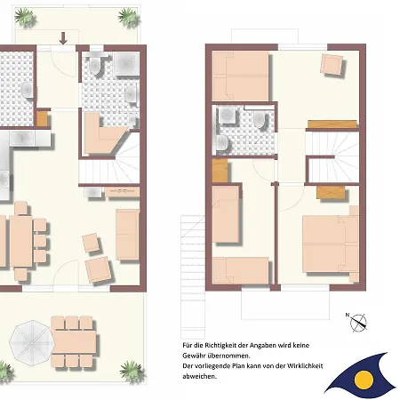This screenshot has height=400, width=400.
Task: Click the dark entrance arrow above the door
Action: [63, 38]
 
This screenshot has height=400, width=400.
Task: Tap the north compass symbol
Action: [358, 323]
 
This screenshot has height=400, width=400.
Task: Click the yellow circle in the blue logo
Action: [364, 380]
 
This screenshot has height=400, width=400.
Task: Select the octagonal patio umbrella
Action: [32, 343]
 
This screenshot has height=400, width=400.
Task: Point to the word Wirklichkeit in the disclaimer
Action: [305, 366]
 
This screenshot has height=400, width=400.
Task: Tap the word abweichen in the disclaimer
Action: [198, 376]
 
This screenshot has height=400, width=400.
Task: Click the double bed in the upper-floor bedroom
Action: [331, 244]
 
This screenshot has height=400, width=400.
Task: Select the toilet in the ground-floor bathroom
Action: [96, 65]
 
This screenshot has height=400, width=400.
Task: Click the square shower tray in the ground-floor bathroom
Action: [126, 64]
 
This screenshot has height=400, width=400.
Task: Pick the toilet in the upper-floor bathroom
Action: [260, 120]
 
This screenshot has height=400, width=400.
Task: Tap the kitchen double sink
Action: [23, 139]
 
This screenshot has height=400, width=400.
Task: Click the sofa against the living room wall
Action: [127, 235]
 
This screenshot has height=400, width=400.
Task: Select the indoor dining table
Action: [20, 242]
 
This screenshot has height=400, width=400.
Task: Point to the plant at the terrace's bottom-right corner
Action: [132, 371]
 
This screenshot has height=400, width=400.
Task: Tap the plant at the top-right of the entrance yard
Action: [129, 17]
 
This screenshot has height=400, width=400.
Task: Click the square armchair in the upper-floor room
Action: [332, 64]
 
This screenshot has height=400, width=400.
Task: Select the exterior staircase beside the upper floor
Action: [193, 277]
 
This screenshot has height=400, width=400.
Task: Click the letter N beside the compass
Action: [348, 315]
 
